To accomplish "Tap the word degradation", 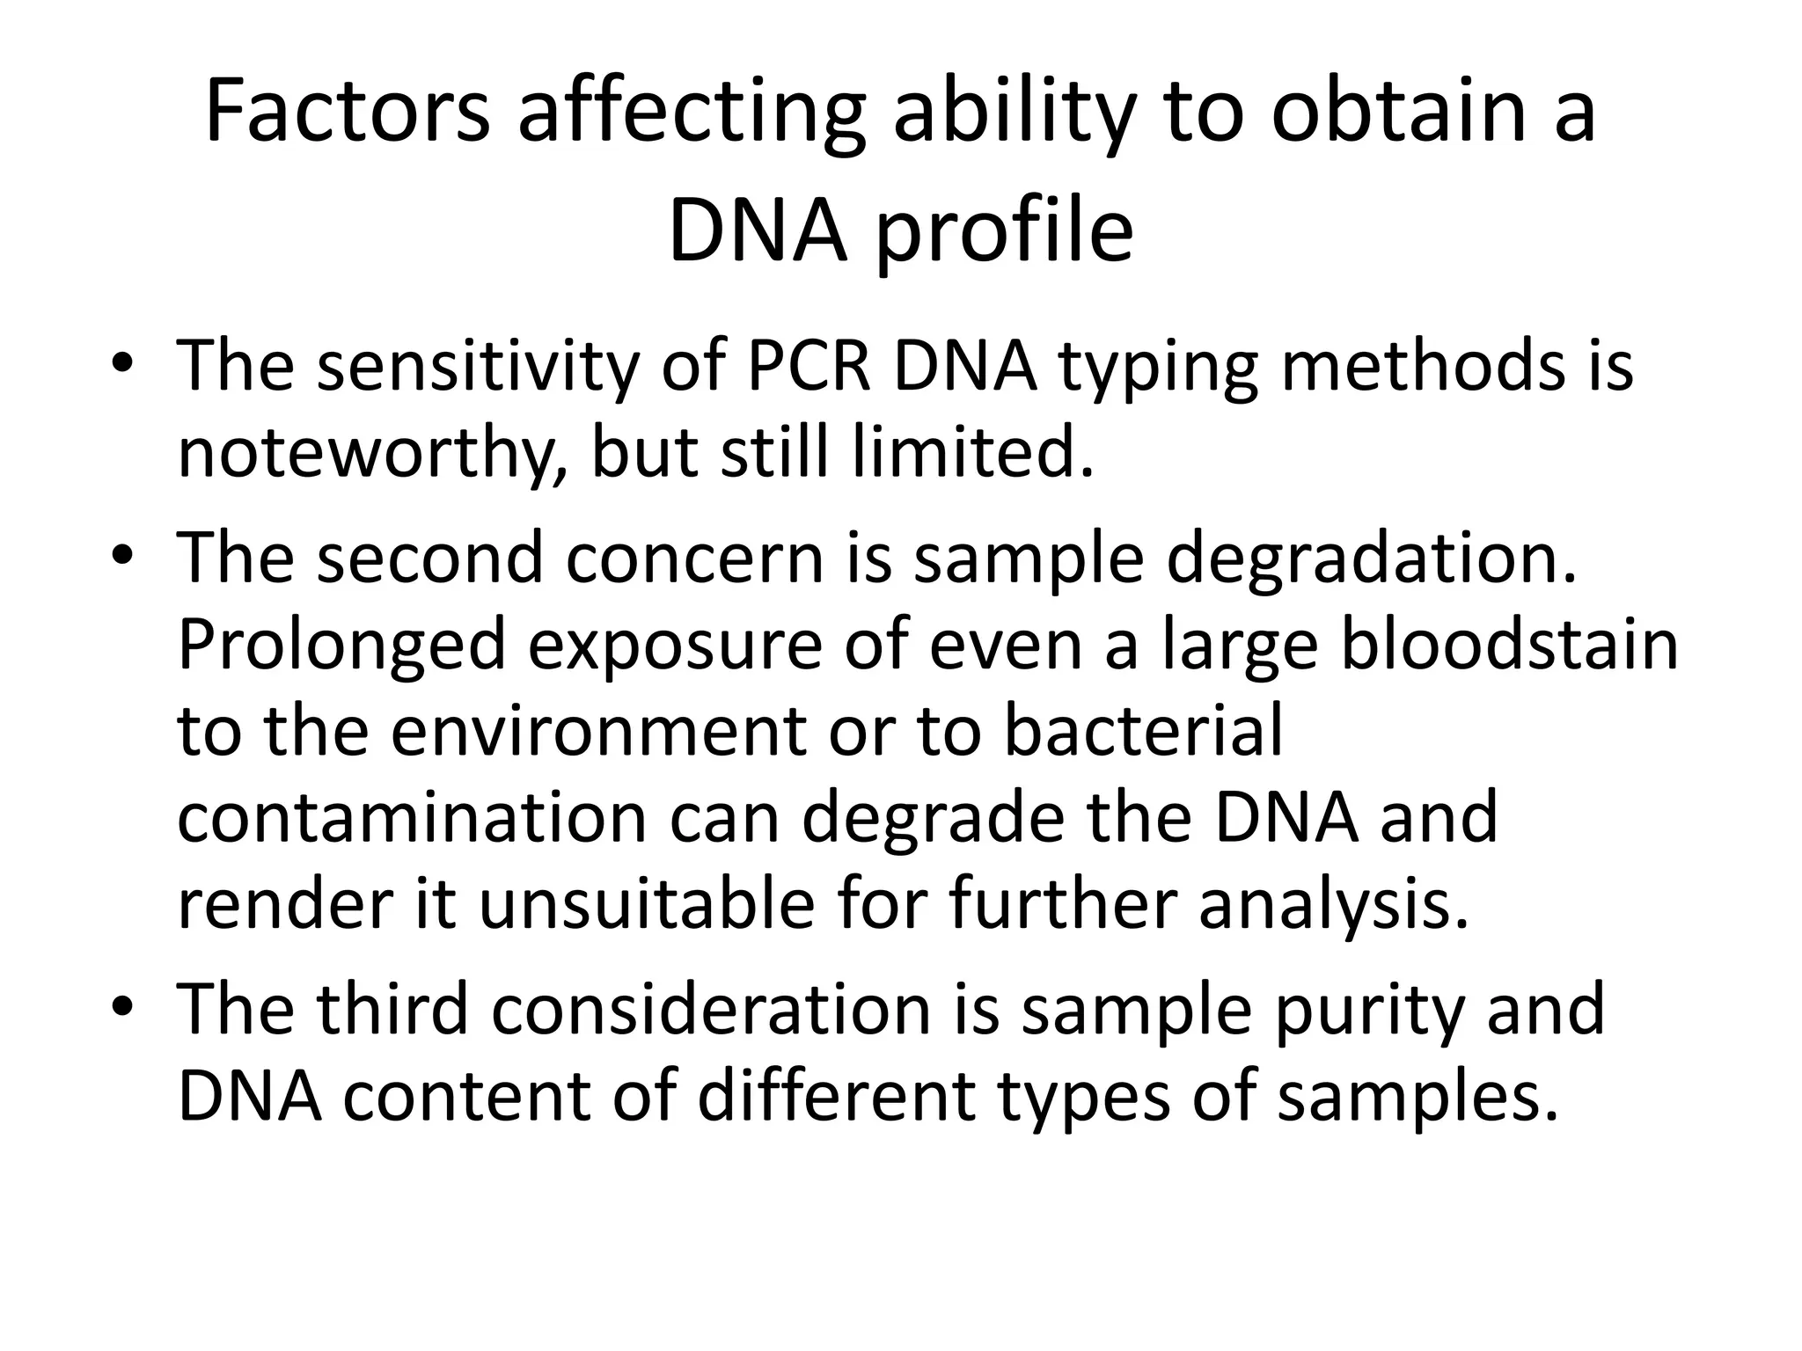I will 1372,559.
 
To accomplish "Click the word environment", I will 598,732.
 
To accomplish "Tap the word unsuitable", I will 648,905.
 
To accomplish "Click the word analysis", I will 1334,907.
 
